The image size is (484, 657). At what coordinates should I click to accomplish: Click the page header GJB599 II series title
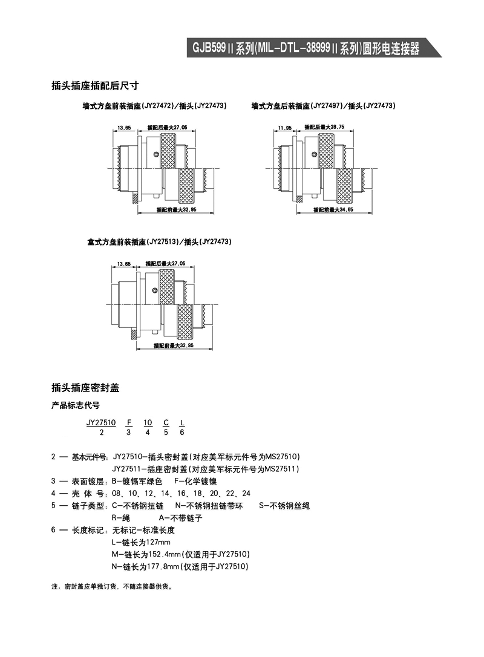306,48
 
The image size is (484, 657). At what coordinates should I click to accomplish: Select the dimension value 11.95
285,128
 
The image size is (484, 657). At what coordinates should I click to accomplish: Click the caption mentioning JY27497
323,106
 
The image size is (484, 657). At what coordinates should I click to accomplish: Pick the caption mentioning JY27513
159,242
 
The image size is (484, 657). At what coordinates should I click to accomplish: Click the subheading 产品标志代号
75,406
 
